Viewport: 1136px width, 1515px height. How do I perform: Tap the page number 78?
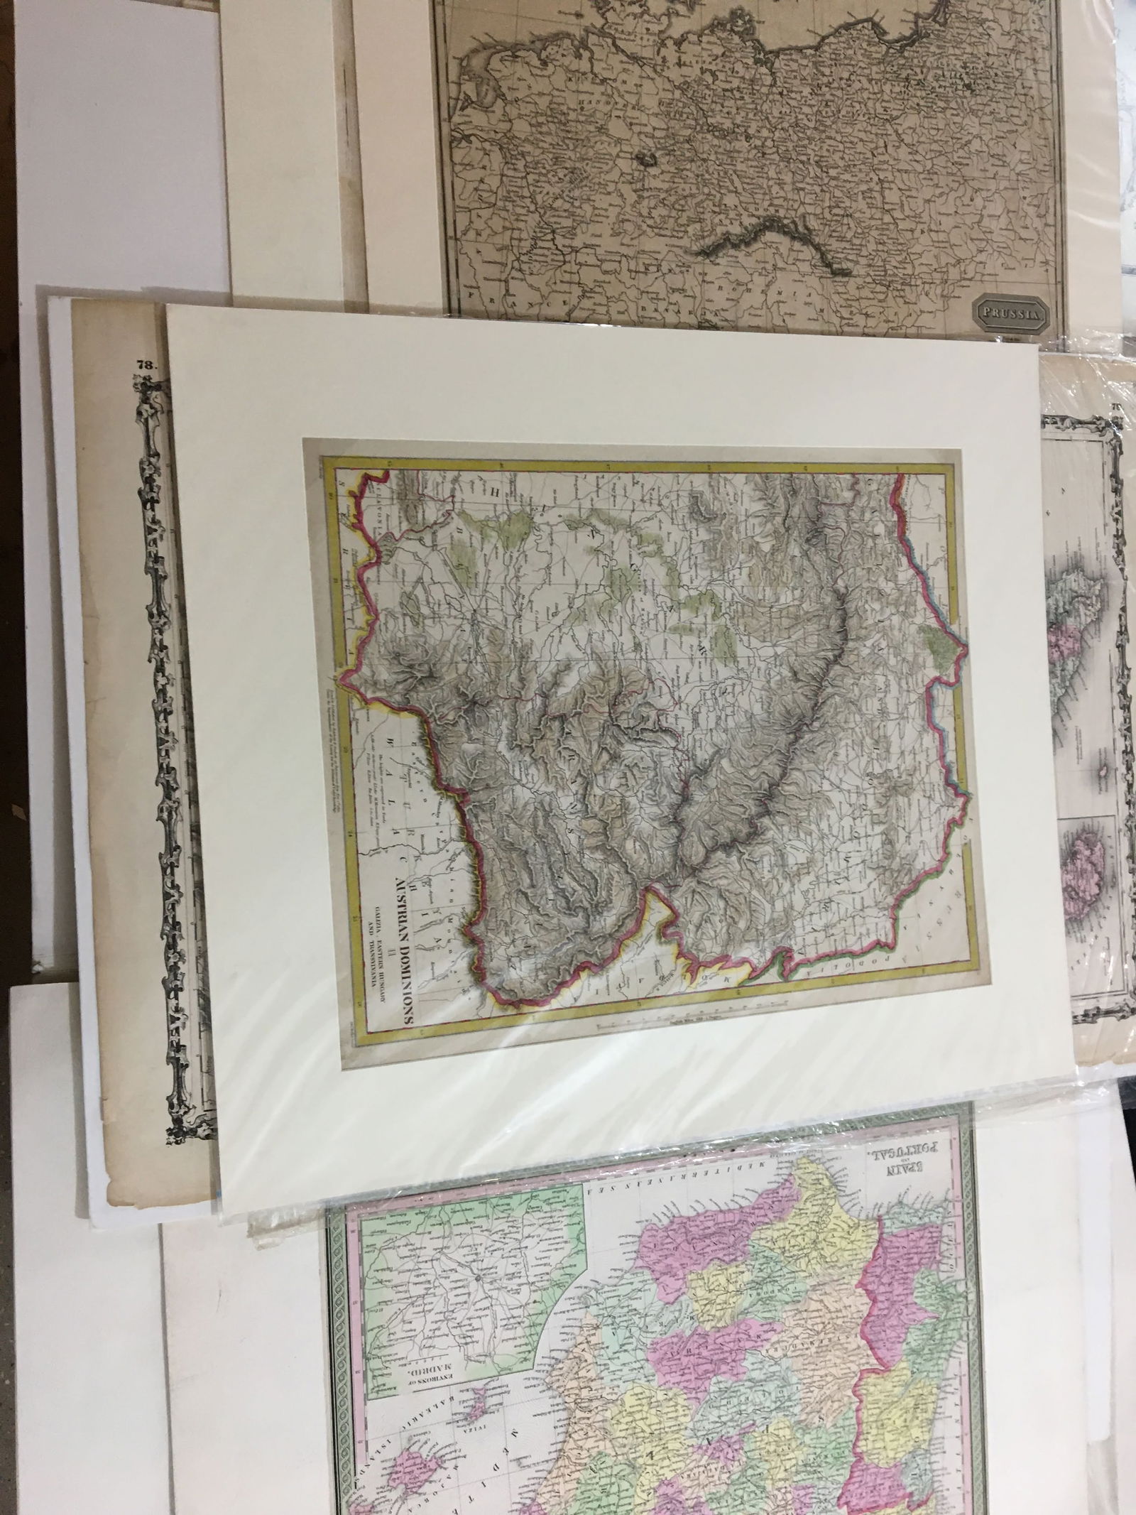tap(146, 365)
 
